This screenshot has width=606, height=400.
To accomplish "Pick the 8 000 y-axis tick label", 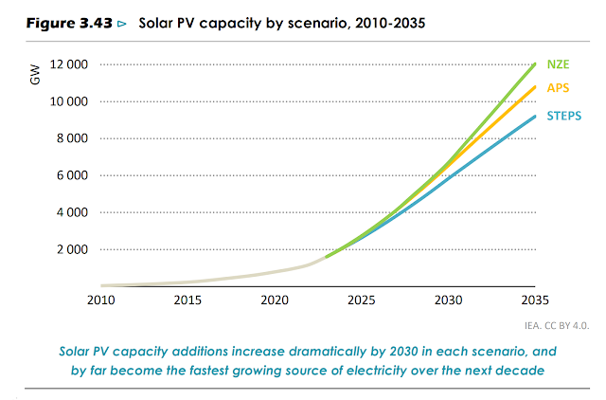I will pos(71,138).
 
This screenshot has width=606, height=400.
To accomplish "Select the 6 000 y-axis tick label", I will pos(71,175).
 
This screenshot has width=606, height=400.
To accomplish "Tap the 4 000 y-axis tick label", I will pos(71,212).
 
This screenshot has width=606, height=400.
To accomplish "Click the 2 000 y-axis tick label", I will pos(71,249).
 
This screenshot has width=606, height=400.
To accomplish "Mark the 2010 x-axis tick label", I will pos(101,300).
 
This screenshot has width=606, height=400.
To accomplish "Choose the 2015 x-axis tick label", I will pos(187,300).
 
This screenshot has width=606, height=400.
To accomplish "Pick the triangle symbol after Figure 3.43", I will pos(119,19).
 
